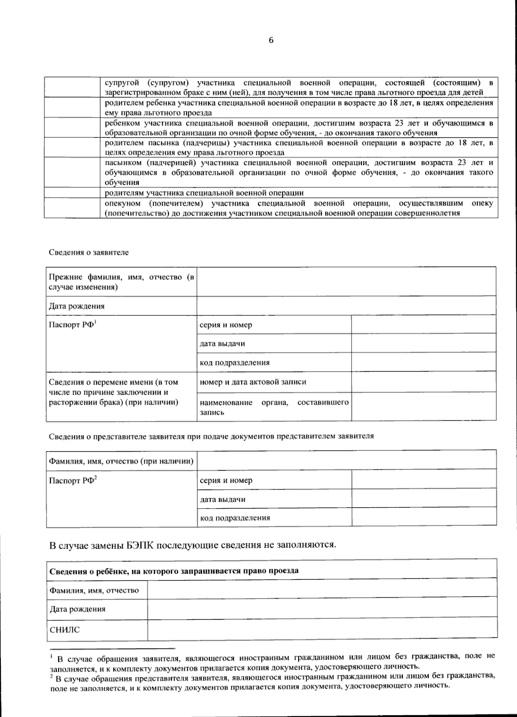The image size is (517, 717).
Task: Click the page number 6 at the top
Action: click(x=271, y=40)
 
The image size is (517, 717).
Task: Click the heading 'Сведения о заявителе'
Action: click(x=88, y=252)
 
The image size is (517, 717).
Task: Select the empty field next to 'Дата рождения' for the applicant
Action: click(x=346, y=306)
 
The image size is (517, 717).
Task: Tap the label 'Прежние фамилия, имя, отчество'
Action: click(x=121, y=282)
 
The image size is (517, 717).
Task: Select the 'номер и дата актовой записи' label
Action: click(x=253, y=382)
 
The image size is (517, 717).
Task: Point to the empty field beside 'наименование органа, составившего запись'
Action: click(x=424, y=407)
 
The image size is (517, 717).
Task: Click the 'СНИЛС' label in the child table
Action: click(x=65, y=630)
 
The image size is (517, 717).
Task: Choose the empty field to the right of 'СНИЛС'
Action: click(x=322, y=629)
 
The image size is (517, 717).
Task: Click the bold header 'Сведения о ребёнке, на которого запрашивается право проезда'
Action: click(x=174, y=571)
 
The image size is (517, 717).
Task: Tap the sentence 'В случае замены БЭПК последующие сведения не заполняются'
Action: click(x=193, y=545)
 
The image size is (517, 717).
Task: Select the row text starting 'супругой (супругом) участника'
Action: click(x=299, y=87)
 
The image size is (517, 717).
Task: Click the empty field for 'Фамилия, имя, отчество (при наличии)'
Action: click(x=346, y=460)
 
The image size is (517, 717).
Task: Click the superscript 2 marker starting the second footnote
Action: click(x=52, y=677)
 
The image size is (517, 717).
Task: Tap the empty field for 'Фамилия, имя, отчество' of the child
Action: click(x=322, y=590)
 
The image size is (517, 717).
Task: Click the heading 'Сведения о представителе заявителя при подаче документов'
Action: click(x=211, y=436)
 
